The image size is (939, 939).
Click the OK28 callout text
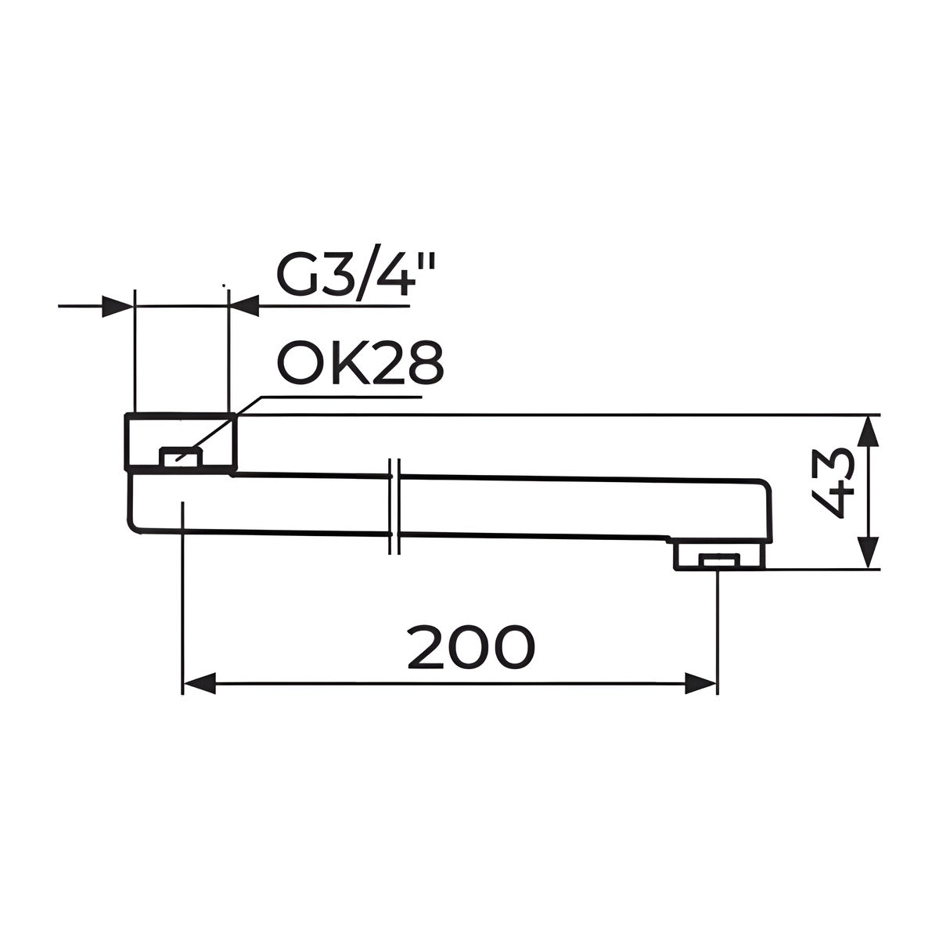(x=360, y=363)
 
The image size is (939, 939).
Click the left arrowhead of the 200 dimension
(x=199, y=684)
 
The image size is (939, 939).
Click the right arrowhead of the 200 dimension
(x=700, y=684)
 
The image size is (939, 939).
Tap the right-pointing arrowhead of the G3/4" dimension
(x=117, y=306)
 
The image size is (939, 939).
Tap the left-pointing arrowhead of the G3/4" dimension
(x=243, y=306)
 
